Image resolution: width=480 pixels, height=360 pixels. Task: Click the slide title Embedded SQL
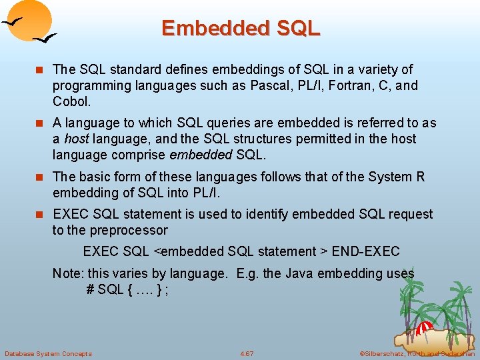(241, 28)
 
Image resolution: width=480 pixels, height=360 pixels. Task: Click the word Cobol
(71, 101)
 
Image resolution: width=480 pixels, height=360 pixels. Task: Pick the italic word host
(77, 139)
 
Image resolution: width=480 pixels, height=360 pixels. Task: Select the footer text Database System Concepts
(48, 353)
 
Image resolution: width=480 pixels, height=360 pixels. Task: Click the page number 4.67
(247, 353)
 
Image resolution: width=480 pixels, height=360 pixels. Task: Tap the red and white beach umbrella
(424, 328)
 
